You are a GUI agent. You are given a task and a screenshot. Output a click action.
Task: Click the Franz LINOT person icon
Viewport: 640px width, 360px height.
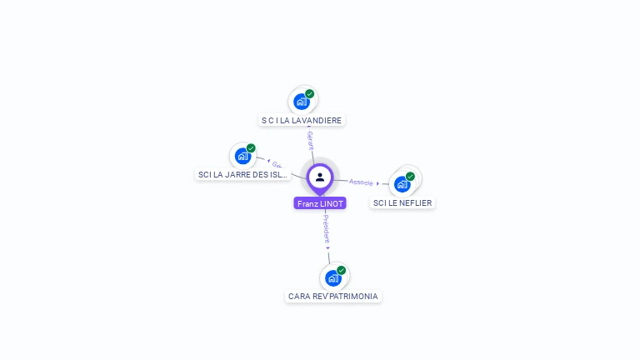320,177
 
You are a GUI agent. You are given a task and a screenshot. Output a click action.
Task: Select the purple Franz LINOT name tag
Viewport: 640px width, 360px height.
320,203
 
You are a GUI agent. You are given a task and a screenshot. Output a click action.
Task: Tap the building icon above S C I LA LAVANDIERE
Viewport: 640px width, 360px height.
301,102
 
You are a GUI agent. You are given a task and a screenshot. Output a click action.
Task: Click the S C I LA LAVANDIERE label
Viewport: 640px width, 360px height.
302,120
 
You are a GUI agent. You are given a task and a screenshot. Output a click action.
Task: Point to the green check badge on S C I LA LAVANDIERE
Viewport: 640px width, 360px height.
310,93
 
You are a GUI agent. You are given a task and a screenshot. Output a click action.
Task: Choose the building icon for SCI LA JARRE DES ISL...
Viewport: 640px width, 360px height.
242,156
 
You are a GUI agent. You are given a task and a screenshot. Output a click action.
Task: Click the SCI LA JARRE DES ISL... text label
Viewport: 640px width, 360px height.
242,175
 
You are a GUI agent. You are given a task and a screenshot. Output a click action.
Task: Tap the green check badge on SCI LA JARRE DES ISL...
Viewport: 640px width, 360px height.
251,147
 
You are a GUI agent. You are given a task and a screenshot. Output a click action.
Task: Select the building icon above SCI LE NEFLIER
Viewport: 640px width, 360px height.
402,183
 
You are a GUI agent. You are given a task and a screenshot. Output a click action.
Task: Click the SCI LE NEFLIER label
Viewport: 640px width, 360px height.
402,202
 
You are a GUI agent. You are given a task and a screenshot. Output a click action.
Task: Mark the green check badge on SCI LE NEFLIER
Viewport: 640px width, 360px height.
410,176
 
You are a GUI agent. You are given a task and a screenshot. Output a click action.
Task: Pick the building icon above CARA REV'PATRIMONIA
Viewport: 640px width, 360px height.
332,277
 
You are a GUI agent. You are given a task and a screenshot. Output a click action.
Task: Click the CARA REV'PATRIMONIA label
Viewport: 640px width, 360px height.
333,296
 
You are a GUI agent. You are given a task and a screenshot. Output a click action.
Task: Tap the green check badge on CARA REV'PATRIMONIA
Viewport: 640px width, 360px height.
341,270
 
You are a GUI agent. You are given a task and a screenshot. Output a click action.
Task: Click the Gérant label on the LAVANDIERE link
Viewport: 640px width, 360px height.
310,140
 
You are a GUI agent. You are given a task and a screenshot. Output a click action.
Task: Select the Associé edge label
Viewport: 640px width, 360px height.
361,182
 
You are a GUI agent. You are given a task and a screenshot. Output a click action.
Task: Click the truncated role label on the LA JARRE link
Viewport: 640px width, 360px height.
277,165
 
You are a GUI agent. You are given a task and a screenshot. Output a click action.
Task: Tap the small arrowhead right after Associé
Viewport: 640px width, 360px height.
378,183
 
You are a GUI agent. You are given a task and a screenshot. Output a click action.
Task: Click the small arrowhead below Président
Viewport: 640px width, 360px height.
327,247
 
